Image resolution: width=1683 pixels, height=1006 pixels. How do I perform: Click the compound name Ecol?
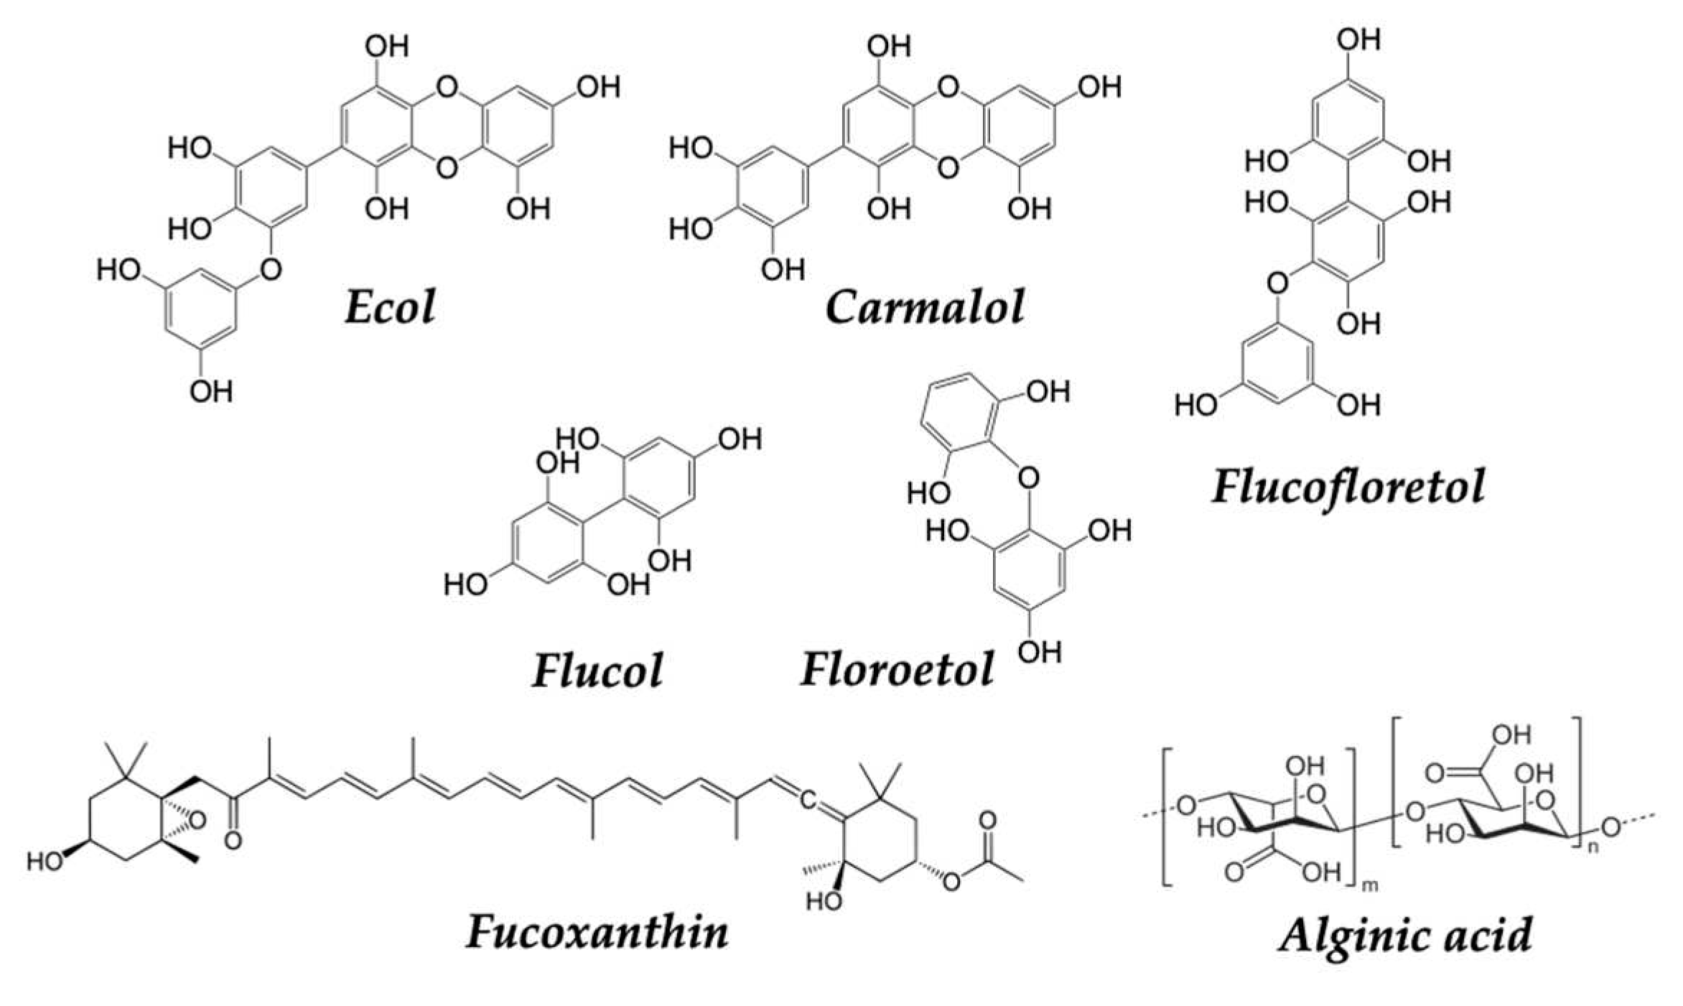tap(390, 307)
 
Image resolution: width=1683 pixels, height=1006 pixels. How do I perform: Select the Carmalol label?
tap(925, 307)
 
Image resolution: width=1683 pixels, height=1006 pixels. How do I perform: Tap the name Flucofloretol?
tap(1348, 487)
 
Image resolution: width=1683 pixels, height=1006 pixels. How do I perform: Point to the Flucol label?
tap(597, 671)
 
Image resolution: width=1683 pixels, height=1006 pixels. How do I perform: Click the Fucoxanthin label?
tap(597, 932)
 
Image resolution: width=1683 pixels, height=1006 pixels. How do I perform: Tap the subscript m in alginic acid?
tap(1370, 885)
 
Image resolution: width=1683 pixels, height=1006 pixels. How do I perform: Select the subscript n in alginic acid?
tap(1588, 847)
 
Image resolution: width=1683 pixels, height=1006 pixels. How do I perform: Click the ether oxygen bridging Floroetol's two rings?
tap(1028, 477)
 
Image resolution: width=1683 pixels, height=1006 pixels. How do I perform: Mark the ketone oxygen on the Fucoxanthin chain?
tap(232, 838)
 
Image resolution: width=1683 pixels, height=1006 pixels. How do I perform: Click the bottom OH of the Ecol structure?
tap(211, 392)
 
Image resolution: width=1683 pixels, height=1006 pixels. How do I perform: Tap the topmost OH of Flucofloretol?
tap(1358, 39)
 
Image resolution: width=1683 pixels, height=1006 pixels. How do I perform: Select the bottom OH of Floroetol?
tap(1039, 653)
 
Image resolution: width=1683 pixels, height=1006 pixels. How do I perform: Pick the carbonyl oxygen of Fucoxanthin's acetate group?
tap(987, 819)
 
